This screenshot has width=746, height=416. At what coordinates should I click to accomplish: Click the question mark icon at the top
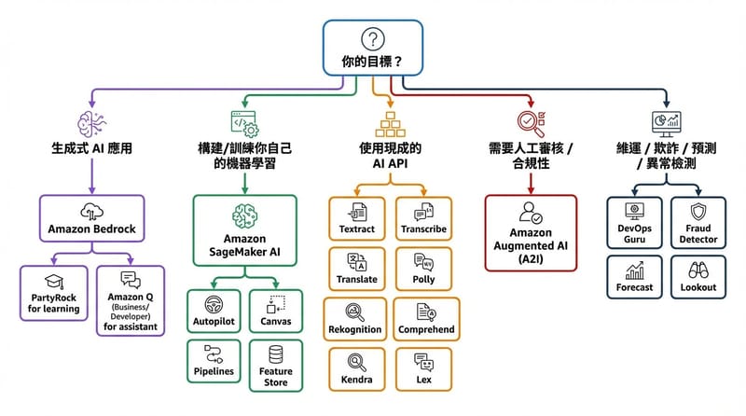coord(373,40)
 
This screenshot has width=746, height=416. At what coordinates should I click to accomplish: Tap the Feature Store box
coord(275,364)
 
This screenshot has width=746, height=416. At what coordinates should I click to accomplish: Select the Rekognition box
coord(355,320)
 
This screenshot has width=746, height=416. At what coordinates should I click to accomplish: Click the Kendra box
coord(355,369)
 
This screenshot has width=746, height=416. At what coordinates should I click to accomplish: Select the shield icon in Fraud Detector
coord(699,210)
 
